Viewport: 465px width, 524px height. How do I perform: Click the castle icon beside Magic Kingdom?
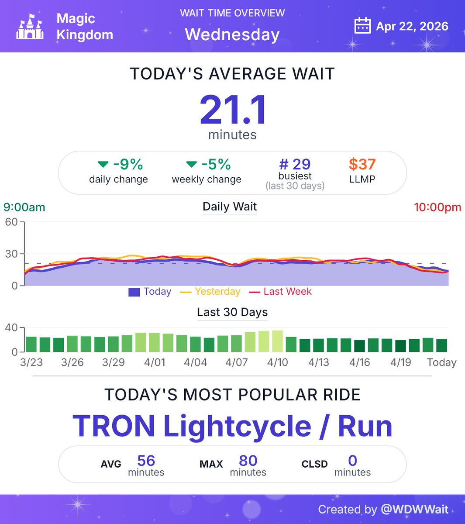[x=30, y=27]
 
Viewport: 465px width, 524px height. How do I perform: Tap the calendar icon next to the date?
[x=362, y=26]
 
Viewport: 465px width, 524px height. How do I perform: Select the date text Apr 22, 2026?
[x=412, y=26]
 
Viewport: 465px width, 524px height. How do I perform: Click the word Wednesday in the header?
[x=232, y=34]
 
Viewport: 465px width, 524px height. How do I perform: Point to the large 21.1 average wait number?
[x=233, y=110]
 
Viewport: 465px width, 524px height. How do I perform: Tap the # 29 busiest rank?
[x=295, y=165]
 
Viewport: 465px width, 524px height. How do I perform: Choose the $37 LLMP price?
[x=362, y=165]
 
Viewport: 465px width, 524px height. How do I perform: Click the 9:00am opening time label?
[x=24, y=207]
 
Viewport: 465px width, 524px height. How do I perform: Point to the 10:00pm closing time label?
[x=437, y=207]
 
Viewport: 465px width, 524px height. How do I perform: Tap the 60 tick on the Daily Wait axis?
[x=11, y=222]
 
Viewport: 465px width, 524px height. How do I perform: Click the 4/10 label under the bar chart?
[x=278, y=362]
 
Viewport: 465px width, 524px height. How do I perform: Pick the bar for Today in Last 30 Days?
[x=441, y=345]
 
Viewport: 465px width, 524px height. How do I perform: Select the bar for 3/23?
[x=31, y=344]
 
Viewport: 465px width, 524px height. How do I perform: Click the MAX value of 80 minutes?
[x=248, y=461]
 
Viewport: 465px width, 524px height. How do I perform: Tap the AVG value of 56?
[x=146, y=461]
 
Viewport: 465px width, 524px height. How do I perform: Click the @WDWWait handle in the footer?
[x=414, y=509]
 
